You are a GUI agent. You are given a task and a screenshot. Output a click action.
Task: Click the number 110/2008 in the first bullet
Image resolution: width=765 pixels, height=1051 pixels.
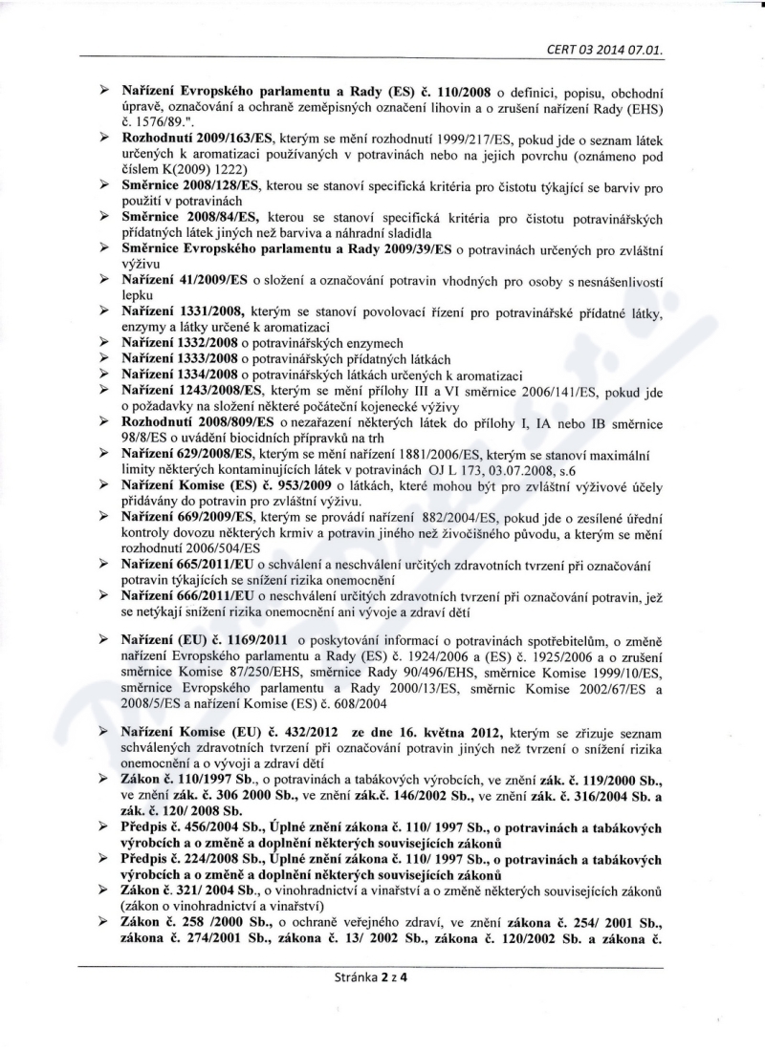point(464,92)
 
